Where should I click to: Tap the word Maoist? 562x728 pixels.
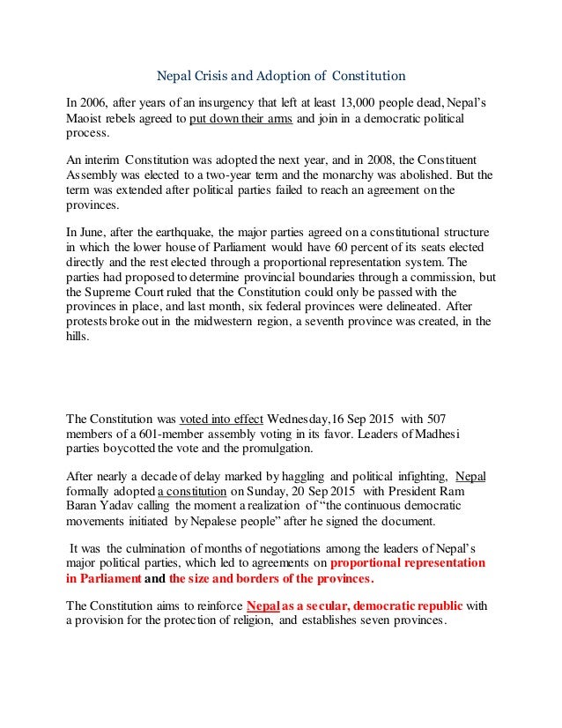click(87, 118)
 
